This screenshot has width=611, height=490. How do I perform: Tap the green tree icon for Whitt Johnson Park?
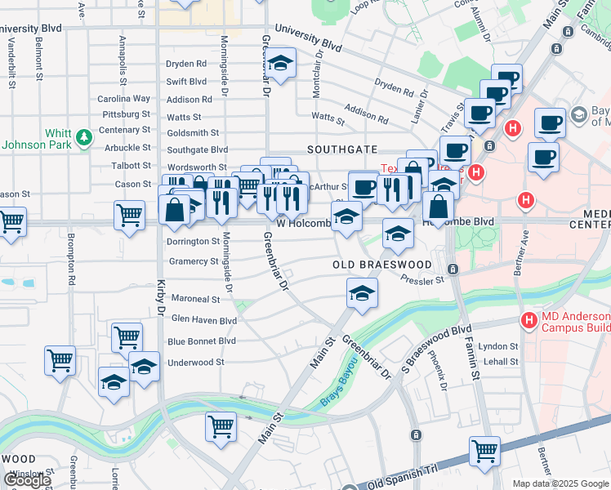[x=83, y=138]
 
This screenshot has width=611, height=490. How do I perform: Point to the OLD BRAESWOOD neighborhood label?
[x=382, y=265]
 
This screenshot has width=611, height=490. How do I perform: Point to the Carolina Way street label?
[x=124, y=99]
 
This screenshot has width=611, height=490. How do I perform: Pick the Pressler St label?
[x=421, y=278]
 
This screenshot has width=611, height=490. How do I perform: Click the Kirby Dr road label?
[x=160, y=299]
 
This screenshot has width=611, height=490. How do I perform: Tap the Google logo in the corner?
[x=28, y=480]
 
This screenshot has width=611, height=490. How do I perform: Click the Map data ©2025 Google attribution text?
[x=560, y=483]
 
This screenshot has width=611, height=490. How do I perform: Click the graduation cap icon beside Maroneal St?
[x=362, y=292]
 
